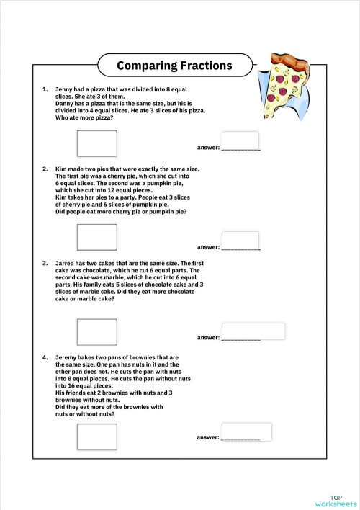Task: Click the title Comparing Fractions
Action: [x=174, y=66]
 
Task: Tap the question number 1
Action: [x=45, y=90]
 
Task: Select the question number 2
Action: [x=45, y=169]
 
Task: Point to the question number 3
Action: [x=45, y=264]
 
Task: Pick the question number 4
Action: [x=45, y=357]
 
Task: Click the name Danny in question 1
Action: [x=64, y=104]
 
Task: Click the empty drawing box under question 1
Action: [x=96, y=143]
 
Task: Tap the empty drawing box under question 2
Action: [x=96, y=237]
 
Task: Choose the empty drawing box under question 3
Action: [x=96, y=331]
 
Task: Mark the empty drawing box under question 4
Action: [x=96, y=437]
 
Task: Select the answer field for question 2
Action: [x=240, y=240]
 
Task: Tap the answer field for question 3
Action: [x=253, y=331]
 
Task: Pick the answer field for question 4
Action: [x=246, y=431]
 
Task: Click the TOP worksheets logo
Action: [x=336, y=500]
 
